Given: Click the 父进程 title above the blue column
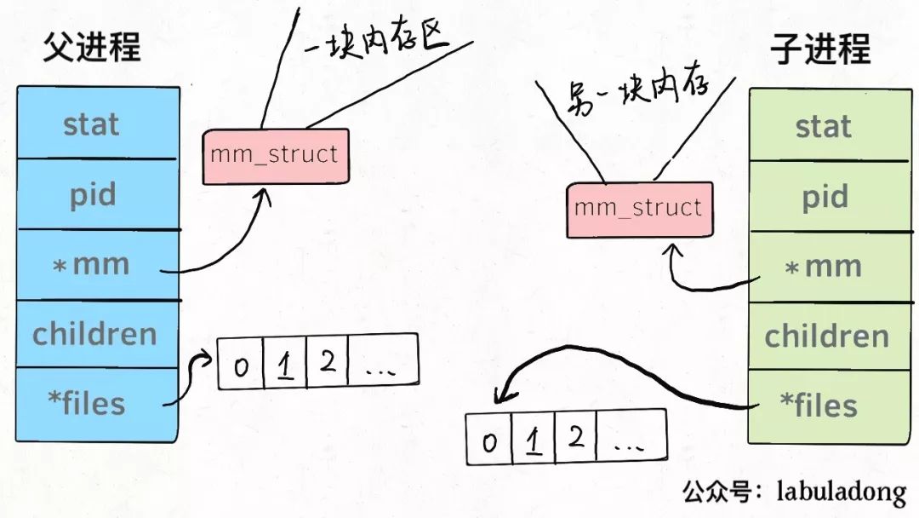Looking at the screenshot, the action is [92, 48].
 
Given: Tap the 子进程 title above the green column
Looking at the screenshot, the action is [820, 49].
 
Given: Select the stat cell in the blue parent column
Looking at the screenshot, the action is [97, 124].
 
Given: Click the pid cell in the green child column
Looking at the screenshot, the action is [831, 197].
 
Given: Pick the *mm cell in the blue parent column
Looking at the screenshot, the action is [98, 265].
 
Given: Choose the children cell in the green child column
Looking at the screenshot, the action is [831, 337].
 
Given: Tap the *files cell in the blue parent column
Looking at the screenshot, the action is [97, 404].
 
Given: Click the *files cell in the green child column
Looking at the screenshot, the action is [831, 406].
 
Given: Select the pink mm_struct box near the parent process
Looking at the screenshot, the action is [276, 157].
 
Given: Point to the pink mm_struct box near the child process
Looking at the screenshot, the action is [639, 210].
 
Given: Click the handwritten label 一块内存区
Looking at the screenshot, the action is [376, 40].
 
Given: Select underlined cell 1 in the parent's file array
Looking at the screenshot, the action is [285, 363].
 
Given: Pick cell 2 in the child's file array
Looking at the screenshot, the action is [575, 436].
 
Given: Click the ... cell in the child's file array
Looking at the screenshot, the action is [631, 435].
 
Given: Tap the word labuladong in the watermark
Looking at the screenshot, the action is [842, 492].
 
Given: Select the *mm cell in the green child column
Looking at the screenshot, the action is [831, 267].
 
